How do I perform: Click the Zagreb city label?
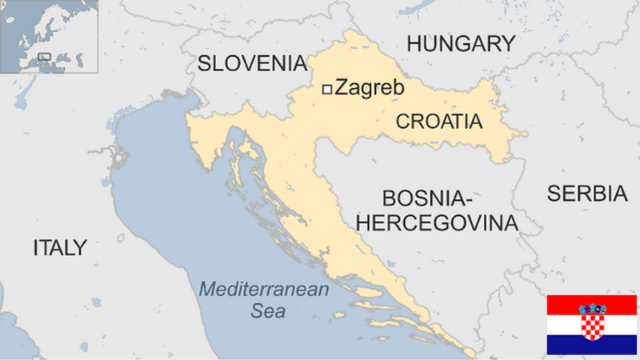pos(369,88)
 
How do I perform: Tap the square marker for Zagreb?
pos(326,90)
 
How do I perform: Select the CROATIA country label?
pos(439,122)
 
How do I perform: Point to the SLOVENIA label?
pos(252,63)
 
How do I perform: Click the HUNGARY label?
pos(460,44)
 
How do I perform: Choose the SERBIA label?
pos(586,193)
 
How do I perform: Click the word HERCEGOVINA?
pos(437,222)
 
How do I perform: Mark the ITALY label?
pos(59,247)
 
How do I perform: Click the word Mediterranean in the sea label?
pos(264,290)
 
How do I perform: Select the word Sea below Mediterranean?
pos(268,312)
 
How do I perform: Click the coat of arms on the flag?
pos(592,321)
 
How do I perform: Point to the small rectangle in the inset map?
pos(45,56)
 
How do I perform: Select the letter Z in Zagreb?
pos(342,88)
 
